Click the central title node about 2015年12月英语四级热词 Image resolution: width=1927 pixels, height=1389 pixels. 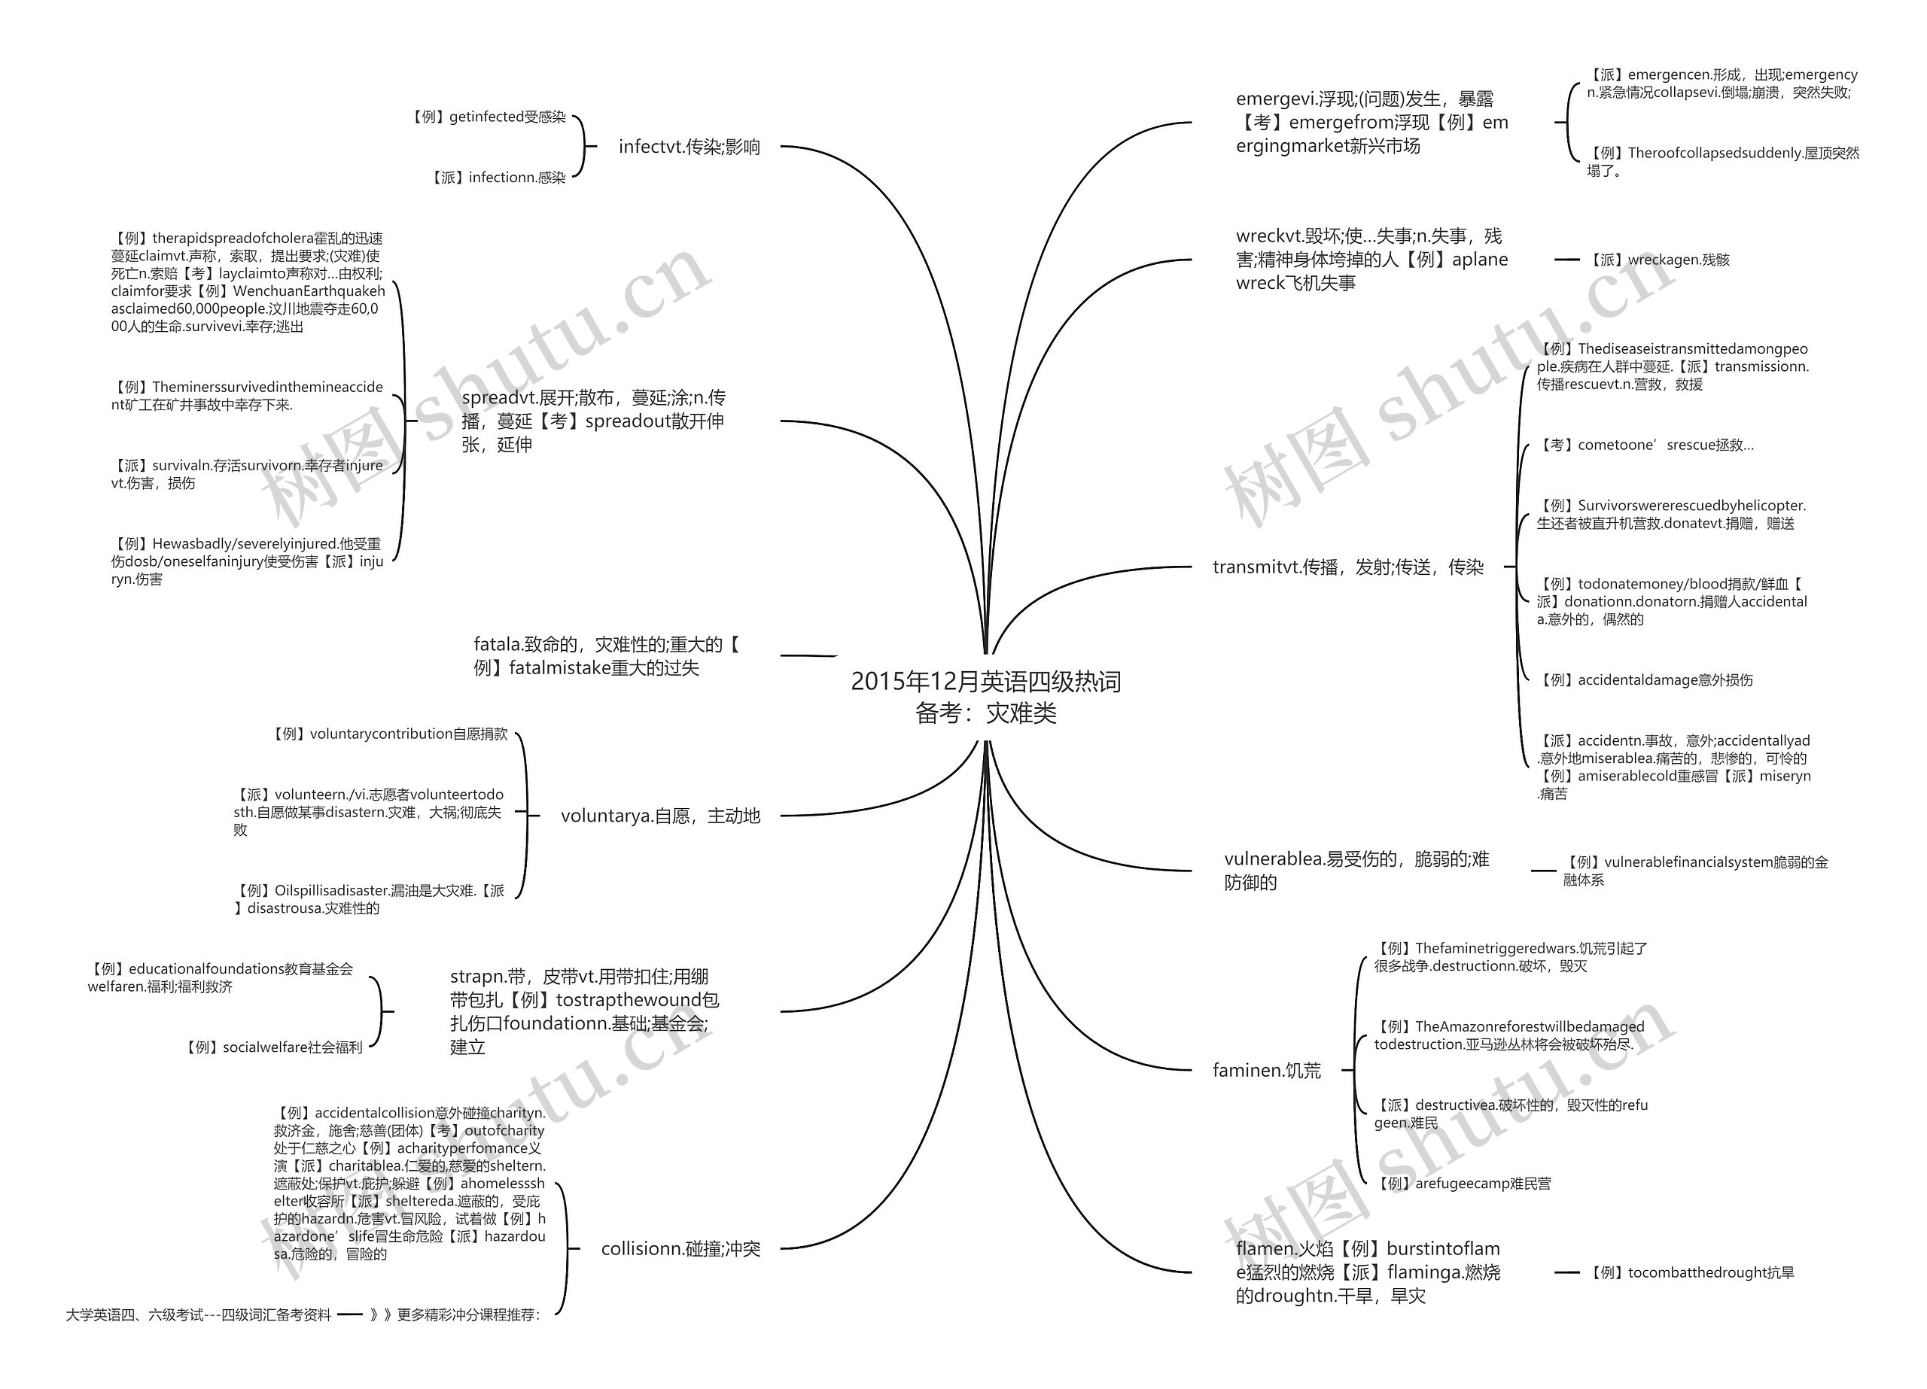(x=985, y=697)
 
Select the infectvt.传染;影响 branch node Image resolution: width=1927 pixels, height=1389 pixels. (x=689, y=147)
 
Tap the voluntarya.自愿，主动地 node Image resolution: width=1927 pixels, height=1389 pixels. (x=660, y=816)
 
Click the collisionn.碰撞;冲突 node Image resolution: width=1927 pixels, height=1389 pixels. (x=680, y=1249)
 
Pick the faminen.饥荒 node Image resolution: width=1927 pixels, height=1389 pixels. (x=1266, y=1071)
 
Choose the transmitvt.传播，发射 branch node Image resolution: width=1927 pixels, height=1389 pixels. (x=1347, y=567)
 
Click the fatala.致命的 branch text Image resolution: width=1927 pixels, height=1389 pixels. (x=606, y=657)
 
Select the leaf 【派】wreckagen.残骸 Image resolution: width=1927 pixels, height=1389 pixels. (x=1659, y=260)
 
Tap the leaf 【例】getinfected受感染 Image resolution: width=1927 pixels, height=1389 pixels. (x=489, y=117)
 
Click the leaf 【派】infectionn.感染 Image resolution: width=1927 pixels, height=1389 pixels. (x=499, y=178)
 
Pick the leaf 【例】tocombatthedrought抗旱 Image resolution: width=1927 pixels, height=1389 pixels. (x=1691, y=1272)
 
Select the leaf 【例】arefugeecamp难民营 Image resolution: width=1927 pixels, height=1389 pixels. (x=1464, y=1184)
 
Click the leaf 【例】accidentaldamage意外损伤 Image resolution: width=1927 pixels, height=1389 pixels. (x=1645, y=680)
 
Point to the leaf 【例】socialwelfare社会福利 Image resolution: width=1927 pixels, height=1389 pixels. (x=273, y=1047)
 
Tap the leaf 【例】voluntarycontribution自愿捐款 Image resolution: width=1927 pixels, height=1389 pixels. (x=390, y=734)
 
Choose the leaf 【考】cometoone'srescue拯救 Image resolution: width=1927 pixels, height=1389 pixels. (x=1645, y=445)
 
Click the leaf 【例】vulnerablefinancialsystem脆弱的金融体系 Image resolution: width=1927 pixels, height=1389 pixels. (x=1695, y=871)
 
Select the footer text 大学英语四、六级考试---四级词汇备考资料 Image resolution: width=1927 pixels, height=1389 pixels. (x=198, y=1315)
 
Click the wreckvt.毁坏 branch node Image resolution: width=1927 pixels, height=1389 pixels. (x=1371, y=260)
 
